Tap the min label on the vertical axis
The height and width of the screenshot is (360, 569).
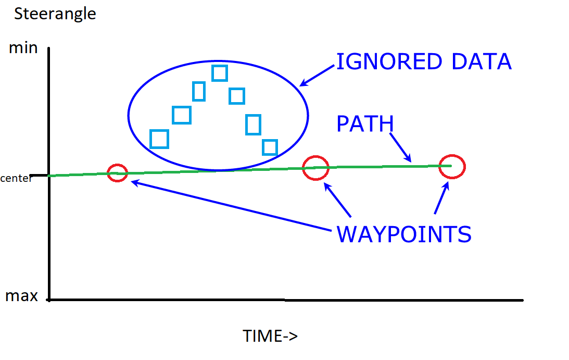coord(23,48)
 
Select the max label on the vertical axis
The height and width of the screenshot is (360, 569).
coord(21,296)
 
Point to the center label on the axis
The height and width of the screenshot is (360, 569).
coord(16,178)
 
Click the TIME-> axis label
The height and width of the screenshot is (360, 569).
coord(270,336)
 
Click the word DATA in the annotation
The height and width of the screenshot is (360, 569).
coord(482,61)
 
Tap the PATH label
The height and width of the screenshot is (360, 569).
coord(365,124)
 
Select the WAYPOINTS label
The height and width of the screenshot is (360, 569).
coord(404,234)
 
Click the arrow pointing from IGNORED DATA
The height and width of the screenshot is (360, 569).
coord(317,76)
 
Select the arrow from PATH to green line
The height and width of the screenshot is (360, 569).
coord(401,147)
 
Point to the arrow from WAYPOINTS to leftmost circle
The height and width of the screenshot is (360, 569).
coord(231,206)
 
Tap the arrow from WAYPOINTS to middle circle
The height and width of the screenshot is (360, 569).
coord(337,200)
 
